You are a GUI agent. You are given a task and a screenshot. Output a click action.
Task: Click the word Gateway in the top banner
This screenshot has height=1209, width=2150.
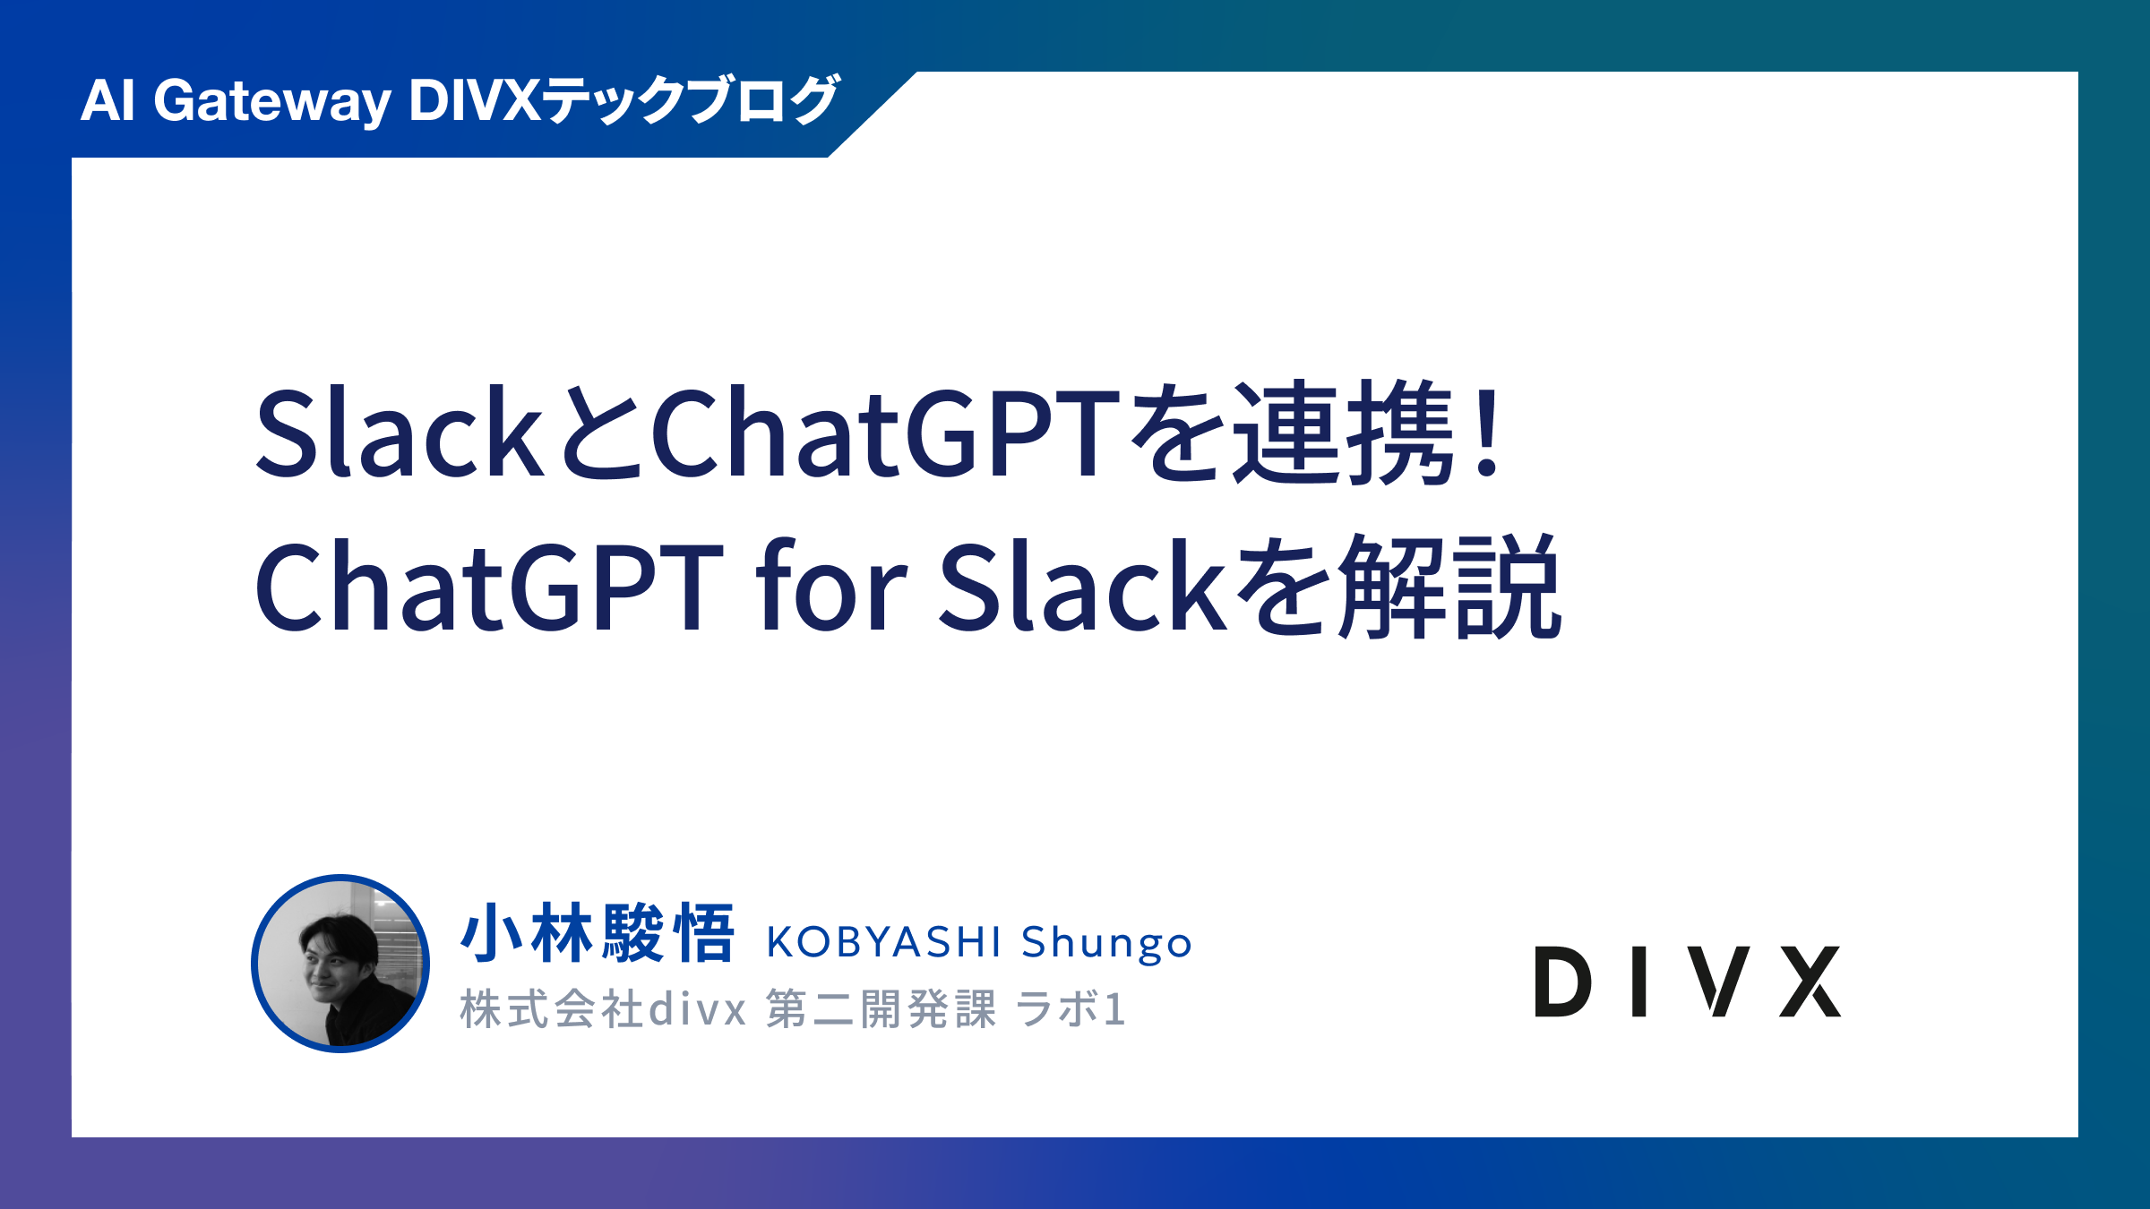272,101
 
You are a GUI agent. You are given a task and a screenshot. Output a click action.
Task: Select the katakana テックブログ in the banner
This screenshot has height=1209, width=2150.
691,99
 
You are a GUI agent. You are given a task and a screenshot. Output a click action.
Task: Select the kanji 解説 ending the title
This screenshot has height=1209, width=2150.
1451,586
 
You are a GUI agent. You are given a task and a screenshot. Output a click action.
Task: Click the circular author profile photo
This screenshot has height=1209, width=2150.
340,964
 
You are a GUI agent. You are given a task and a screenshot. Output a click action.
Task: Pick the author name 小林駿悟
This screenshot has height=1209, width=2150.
598,933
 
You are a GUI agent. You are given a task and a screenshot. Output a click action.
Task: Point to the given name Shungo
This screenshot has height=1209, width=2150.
1106,944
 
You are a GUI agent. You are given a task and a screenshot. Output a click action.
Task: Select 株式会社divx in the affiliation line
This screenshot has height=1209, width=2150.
603,1009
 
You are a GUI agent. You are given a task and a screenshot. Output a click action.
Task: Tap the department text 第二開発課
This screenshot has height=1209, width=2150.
881,1009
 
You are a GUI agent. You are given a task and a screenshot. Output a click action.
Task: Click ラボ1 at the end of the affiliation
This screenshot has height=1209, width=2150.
1071,1009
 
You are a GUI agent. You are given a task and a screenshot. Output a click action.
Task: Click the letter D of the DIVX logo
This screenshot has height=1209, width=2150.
1563,982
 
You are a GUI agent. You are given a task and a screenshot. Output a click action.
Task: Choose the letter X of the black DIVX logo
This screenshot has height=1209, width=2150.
1810,982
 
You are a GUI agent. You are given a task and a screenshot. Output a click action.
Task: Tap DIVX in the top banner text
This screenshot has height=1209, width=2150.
475,99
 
